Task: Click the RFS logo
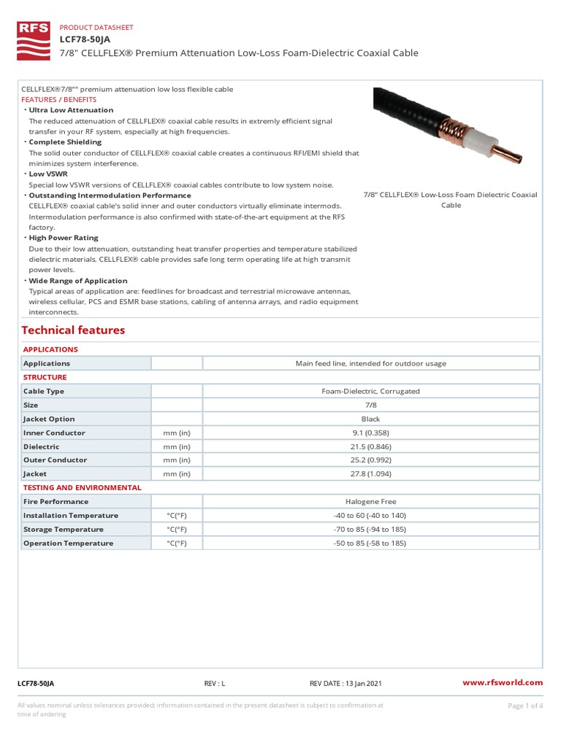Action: [34, 40]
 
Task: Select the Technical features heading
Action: [74, 330]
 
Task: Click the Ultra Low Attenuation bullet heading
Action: [71, 110]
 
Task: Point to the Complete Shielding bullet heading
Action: [65, 142]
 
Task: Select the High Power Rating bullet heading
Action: [63, 238]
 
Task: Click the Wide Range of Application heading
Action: [77, 281]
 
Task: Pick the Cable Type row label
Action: [44, 391]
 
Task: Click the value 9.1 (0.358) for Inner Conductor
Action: [370, 433]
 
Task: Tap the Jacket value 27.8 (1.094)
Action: [370, 474]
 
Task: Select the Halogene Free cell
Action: [370, 502]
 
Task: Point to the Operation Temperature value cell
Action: [370, 543]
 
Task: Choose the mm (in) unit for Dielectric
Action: [176, 446]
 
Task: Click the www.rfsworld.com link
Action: [503, 683]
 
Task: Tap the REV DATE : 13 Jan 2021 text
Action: [346, 684]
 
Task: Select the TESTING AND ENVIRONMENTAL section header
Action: [82, 487]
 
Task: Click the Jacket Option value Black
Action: [370, 419]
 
